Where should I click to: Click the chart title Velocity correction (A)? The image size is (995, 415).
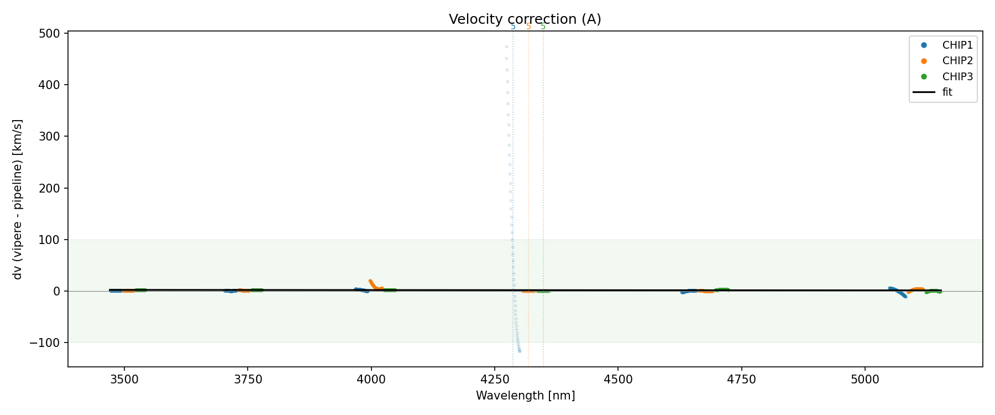tap(525, 19)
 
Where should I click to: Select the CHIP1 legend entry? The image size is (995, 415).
tap(957, 45)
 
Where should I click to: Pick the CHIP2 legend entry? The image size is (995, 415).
tap(957, 61)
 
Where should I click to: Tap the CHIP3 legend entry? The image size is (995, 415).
tap(957, 77)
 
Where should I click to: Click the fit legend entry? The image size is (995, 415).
tap(947, 92)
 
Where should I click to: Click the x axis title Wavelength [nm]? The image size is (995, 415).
tap(525, 396)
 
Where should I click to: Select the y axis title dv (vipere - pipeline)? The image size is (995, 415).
tap(18, 199)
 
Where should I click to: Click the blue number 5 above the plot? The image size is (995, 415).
tap(513, 27)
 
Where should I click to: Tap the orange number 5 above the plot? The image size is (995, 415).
tap(528, 27)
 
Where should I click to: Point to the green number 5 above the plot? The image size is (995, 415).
tap(543, 27)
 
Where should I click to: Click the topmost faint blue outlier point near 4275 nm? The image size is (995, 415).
tap(506, 47)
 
